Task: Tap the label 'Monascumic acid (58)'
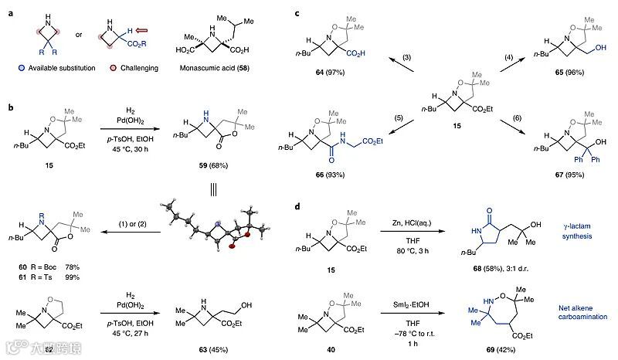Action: (x=232, y=68)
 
